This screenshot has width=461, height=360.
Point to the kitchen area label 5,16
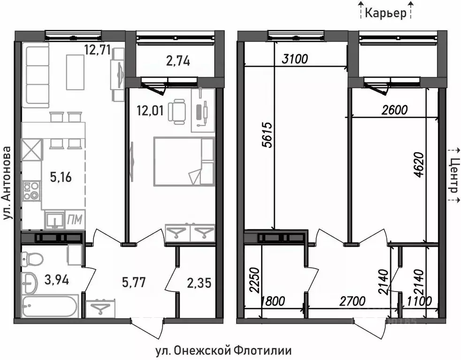pyautogui.click(x=61, y=177)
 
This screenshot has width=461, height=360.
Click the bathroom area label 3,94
pyautogui.click(x=56, y=281)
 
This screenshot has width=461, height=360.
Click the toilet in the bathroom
pyautogui.click(x=33, y=258)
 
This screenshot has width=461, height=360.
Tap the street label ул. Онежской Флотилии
pyautogui.click(x=223, y=350)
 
